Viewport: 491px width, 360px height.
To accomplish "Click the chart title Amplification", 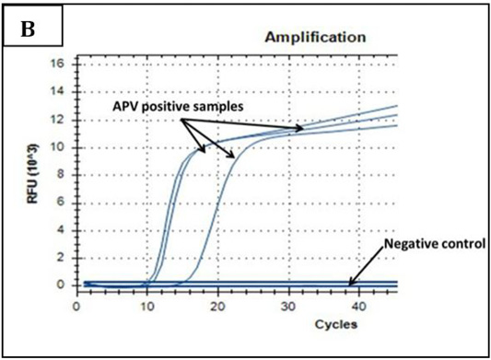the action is [315, 37].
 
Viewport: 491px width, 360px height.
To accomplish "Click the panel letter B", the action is [28, 29].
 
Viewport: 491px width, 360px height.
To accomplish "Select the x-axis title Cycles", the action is [335, 324].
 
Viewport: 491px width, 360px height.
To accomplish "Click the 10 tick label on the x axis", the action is [146, 307].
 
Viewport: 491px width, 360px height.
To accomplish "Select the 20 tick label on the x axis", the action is [217, 307].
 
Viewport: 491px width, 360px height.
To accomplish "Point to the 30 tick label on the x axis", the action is [288, 307].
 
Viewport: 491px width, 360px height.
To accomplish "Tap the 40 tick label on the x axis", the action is [359, 307].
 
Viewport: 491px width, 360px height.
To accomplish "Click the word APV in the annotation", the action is [125, 107].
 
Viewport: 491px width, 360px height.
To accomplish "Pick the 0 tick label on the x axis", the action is [76, 307].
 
